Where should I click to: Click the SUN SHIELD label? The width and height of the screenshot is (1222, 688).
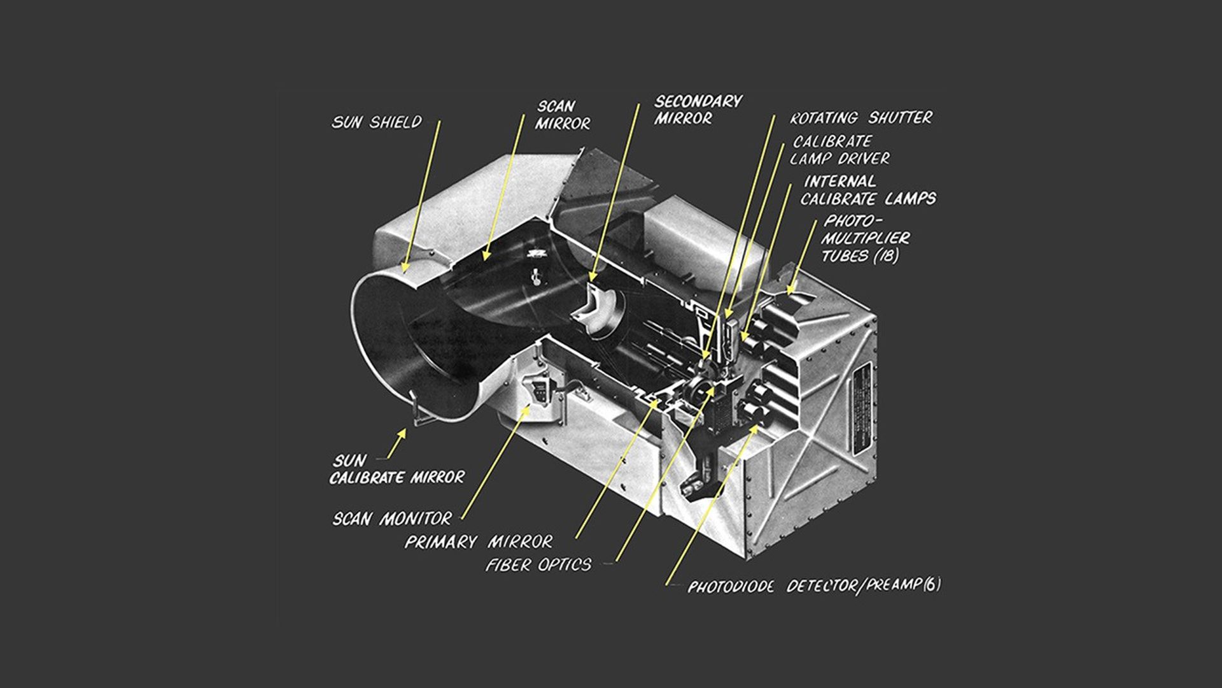(x=376, y=122)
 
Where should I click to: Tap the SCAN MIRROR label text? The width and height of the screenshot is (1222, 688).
(x=561, y=115)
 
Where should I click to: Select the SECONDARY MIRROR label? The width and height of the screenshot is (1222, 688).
(x=698, y=110)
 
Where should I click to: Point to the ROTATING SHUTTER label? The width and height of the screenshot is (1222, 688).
(x=860, y=118)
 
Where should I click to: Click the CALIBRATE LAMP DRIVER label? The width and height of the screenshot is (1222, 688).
(x=839, y=150)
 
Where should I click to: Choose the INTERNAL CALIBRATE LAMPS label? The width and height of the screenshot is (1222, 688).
(x=867, y=190)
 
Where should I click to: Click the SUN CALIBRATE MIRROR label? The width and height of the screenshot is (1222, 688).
(x=396, y=469)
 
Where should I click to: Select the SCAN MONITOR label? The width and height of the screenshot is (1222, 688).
(x=391, y=519)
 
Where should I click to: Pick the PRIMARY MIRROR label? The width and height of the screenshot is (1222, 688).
(x=479, y=542)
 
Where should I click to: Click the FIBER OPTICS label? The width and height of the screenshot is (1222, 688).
(x=538, y=565)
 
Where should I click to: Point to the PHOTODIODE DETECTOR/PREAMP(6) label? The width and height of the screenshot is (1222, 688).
(x=813, y=585)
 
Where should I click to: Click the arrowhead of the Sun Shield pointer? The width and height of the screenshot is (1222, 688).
(x=405, y=268)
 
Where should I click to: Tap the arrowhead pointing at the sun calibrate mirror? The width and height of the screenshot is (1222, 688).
(x=402, y=433)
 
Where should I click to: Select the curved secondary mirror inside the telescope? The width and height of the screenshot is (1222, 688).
(x=598, y=308)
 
